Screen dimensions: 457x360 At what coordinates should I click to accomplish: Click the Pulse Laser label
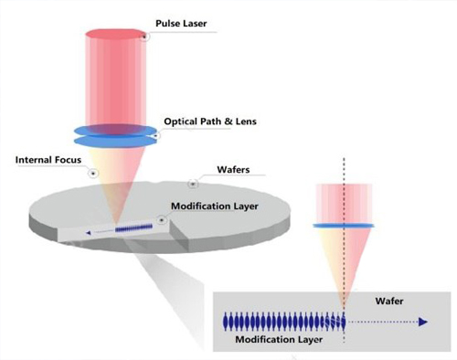point(181,24)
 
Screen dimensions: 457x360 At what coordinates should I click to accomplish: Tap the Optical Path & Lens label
point(210,122)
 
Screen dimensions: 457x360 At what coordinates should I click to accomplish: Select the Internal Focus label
point(48,160)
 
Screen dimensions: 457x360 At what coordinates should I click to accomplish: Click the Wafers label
point(233,170)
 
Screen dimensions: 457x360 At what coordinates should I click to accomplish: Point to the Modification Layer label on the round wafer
point(215,206)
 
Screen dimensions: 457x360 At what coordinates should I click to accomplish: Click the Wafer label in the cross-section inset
point(389,302)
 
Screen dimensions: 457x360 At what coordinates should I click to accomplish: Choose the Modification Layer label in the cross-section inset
point(279,339)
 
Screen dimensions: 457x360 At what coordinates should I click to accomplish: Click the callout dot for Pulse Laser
point(145,37)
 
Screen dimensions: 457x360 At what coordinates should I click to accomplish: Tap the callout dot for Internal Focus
point(93,174)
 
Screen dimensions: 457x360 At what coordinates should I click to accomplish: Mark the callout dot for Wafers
point(193,184)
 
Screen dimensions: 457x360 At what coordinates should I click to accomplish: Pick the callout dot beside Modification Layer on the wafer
point(162,219)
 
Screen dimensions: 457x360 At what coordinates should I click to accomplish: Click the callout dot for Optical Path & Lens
point(156,135)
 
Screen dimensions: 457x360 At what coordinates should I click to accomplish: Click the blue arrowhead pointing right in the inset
point(423,322)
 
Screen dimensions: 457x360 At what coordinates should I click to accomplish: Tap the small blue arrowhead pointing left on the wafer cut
point(89,233)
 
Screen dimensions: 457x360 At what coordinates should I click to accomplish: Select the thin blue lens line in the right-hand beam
point(344,226)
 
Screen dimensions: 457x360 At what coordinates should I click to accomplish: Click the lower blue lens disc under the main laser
point(115,142)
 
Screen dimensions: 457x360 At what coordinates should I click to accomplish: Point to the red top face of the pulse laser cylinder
point(114,34)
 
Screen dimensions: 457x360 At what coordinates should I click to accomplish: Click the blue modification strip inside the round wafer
point(133,228)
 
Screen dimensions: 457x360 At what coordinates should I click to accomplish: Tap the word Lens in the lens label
point(246,122)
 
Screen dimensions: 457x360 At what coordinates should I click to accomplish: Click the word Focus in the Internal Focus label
point(68,160)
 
